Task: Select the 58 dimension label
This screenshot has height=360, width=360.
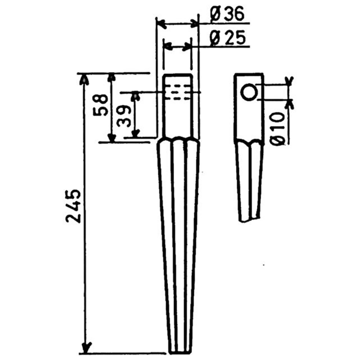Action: click(101, 105)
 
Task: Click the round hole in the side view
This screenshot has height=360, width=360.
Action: click(249, 92)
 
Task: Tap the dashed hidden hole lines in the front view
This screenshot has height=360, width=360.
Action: click(179, 92)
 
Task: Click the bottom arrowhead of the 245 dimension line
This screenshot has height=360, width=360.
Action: click(85, 348)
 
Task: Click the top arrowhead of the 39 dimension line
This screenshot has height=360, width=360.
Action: click(135, 95)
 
